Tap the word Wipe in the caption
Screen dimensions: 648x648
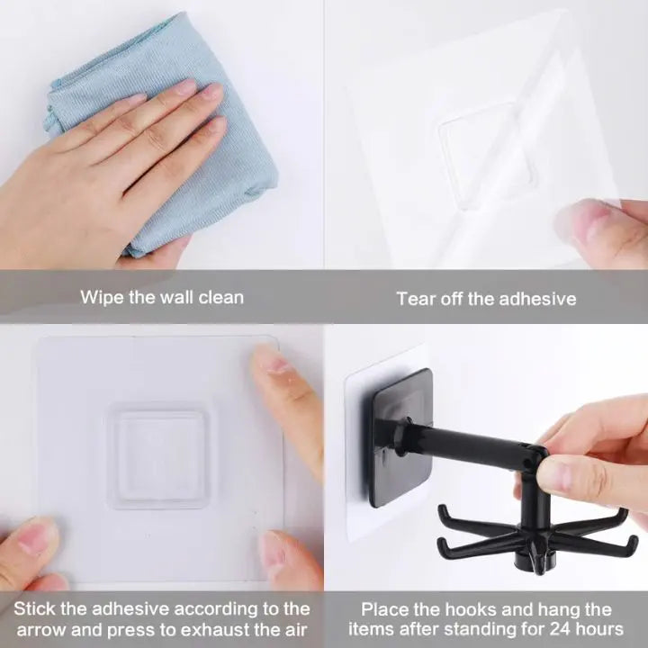pyautogui.click(x=101, y=297)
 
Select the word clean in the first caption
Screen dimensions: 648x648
pyautogui.click(x=220, y=297)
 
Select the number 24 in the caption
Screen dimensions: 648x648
pyautogui.click(x=556, y=628)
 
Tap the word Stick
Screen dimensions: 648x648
pyautogui.click(x=33, y=609)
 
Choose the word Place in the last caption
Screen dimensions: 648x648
pyautogui.click(x=384, y=609)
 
